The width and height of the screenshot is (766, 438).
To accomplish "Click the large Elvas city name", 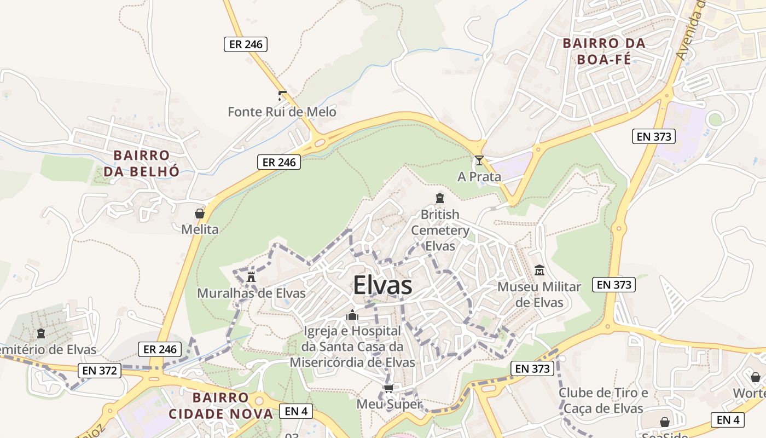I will click(382, 285).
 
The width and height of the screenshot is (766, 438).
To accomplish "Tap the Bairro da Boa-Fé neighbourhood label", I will click(604, 51).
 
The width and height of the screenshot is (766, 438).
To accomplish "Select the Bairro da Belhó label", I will click(142, 163).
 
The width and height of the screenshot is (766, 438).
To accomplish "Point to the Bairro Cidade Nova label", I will click(220, 405).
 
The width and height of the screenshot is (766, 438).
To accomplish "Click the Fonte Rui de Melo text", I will click(282, 112).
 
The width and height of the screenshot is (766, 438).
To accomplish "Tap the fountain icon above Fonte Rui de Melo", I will click(282, 96).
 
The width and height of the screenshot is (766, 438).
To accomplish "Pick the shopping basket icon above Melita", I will click(200, 214).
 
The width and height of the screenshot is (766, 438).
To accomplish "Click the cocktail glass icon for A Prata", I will click(479, 160).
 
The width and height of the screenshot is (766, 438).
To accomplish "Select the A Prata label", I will click(479, 176).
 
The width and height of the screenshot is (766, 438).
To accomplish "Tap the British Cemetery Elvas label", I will click(440, 230).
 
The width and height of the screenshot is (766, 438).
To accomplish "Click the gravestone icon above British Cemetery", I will click(440, 198).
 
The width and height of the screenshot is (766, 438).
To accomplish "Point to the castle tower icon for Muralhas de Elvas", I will click(251, 276).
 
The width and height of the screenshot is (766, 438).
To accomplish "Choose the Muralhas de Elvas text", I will click(251, 293).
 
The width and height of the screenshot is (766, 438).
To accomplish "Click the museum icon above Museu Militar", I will click(539, 270).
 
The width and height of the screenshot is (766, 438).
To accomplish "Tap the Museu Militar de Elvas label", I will click(539, 295).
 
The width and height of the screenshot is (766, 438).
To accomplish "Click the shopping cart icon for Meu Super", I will click(388, 389).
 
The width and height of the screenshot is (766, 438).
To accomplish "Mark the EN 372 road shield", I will click(99, 371).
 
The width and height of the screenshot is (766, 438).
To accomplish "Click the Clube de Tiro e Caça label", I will click(603, 401).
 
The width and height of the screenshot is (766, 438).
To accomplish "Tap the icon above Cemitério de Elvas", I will click(40, 333).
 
